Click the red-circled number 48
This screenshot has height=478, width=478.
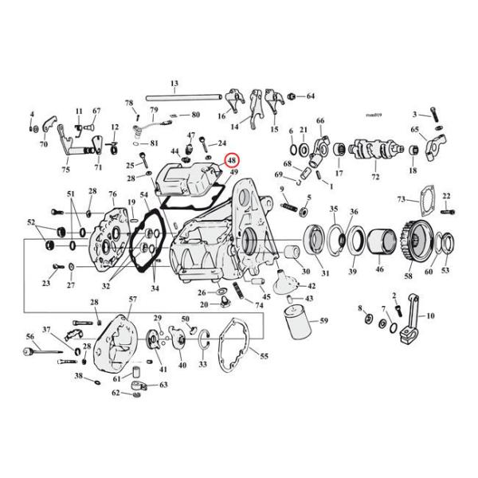[x=231, y=159]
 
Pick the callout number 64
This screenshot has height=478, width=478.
[x=311, y=96]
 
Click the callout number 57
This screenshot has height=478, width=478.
[x=122, y=299]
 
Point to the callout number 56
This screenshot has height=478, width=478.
[x=29, y=337]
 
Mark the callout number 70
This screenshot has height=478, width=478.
[x=44, y=144]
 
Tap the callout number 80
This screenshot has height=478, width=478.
[x=195, y=115]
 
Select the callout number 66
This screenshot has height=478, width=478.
[x=320, y=121]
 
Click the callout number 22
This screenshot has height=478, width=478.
[x=446, y=196]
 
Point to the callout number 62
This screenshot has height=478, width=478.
[x=116, y=393]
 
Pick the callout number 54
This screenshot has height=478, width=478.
[x=144, y=195]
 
